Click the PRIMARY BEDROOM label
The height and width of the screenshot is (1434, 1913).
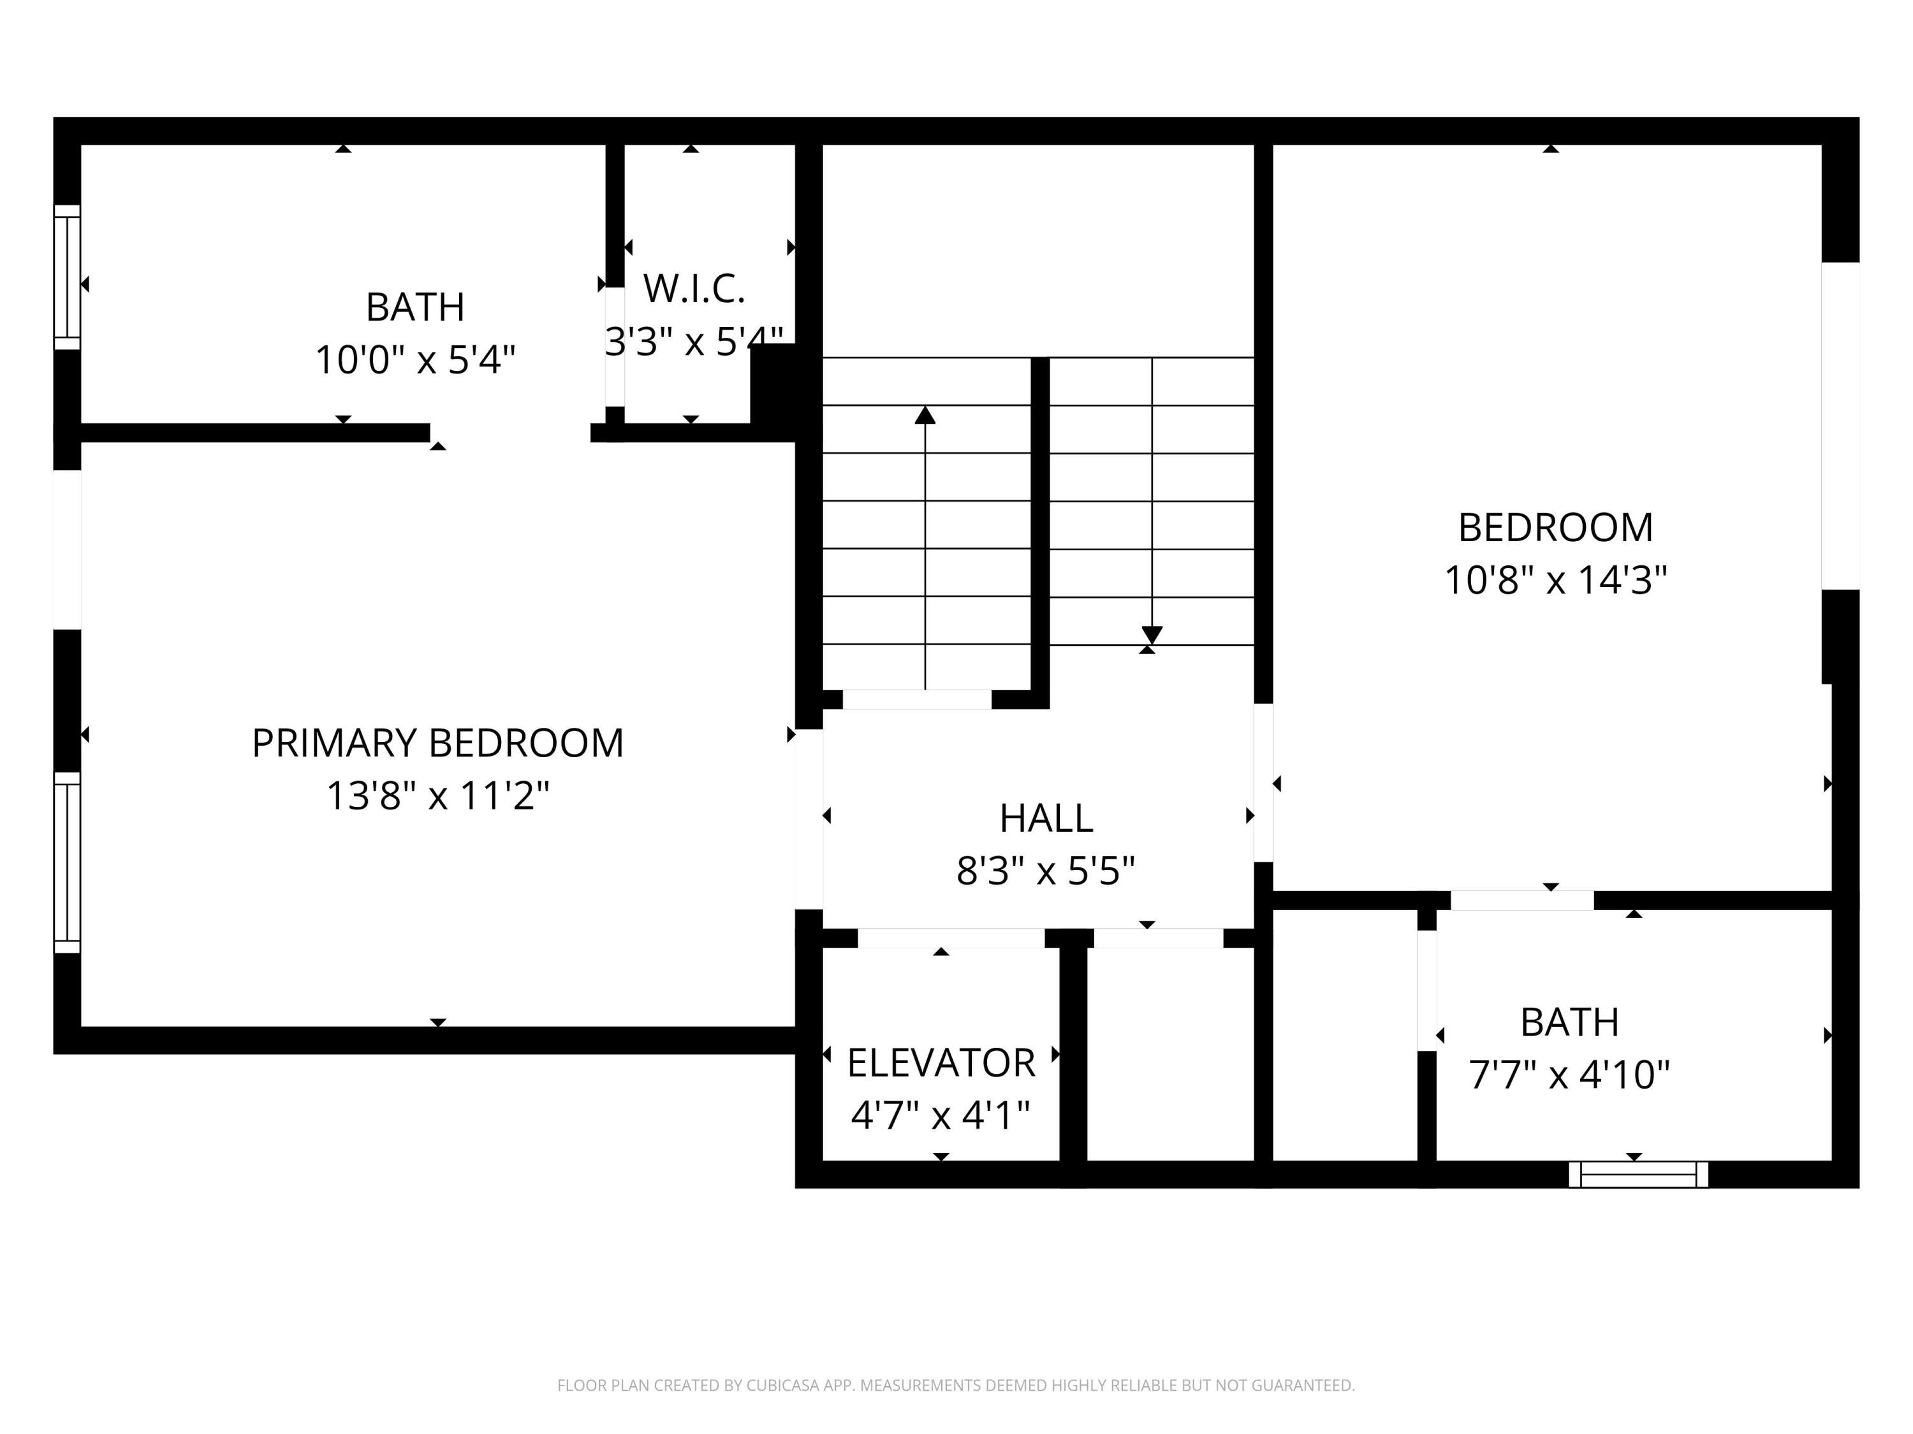point(437,743)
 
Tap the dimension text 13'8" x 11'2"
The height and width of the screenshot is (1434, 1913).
point(437,796)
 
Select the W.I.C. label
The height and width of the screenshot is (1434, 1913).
point(694,289)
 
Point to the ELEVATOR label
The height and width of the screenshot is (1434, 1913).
point(941,1063)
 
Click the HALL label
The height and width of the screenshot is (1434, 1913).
point(1046,818)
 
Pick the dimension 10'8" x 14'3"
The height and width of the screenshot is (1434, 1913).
point(1555,580)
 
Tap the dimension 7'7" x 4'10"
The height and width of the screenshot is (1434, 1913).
point(1569,1075)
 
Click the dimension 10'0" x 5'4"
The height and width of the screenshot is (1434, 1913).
point(415,359)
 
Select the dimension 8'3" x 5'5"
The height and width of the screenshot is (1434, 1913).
point(1046,871)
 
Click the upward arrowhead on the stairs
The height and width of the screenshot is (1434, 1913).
point(925,416)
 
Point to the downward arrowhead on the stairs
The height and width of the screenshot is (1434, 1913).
point(1152,635)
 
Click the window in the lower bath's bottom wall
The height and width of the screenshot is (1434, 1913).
point(1638,1175)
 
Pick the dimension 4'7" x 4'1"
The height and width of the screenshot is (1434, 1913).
point(941,1116)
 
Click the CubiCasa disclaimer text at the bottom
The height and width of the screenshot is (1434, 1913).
point(956,1386)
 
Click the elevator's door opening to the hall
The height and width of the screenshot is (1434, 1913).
point(951,938)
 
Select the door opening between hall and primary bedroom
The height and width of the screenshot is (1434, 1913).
point(809,818)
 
